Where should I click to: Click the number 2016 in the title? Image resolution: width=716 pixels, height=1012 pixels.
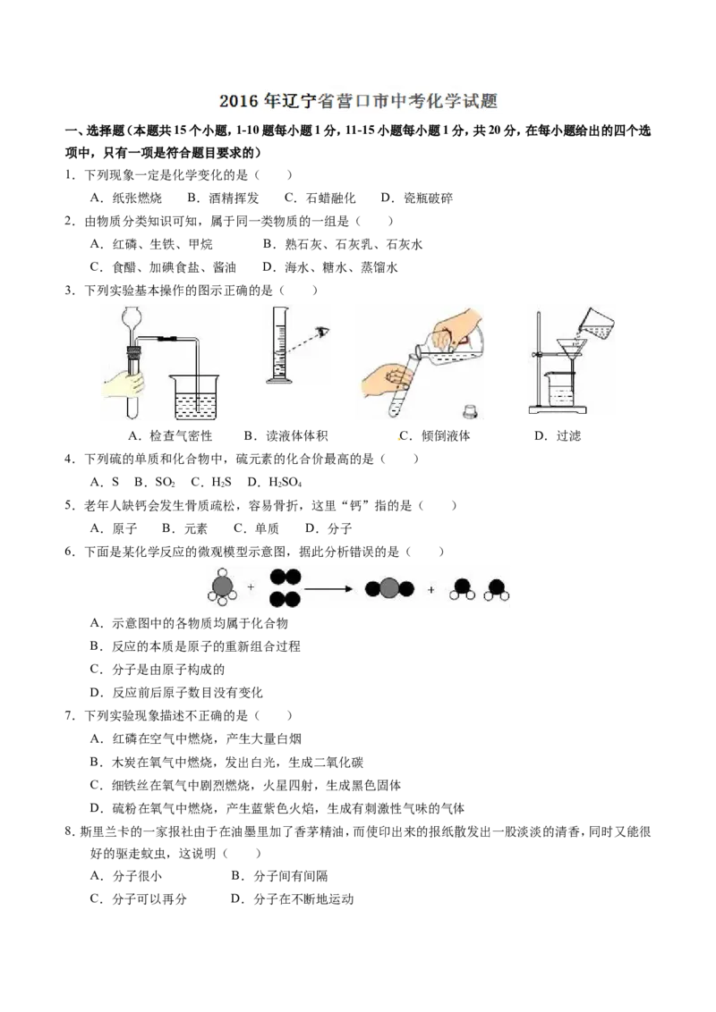click(x=237, y=102)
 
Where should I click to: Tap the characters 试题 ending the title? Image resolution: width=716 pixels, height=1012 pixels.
click(x=483, y=102)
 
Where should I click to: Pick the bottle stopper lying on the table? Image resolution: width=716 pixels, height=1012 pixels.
click(x=471, y=412)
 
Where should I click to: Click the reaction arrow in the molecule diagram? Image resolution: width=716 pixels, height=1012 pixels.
click(x=331, y=588)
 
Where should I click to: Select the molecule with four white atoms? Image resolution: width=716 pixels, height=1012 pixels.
click(x=222, y=587)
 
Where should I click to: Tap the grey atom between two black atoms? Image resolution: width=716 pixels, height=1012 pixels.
click(x=389, y=588)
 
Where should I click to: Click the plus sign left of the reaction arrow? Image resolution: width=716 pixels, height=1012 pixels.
click(x=251, y=587)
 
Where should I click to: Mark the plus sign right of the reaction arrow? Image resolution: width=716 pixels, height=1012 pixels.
click(x=431, y=589)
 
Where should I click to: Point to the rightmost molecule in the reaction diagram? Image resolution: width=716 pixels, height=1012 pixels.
click(x=498, y=589)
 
